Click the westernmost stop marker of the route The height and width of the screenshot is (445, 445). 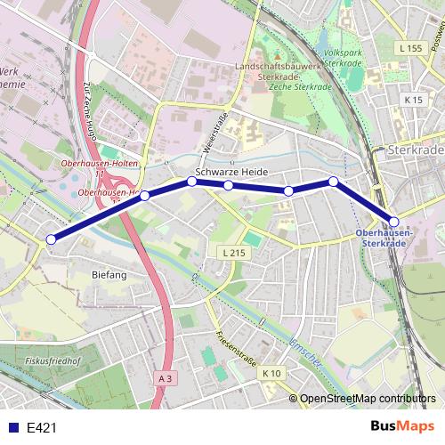[52, 239]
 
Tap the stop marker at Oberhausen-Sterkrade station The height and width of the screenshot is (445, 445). [394, 222]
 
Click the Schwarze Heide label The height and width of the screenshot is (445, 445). [231, 172]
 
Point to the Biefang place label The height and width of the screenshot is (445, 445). [110, 276]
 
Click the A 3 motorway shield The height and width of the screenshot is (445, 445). [165, 378]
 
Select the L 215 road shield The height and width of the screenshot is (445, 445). [232, 254]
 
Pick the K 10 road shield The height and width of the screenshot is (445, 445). [271, 373]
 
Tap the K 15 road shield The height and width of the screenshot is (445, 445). [413, 101]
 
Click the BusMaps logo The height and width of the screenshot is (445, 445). [403, 426]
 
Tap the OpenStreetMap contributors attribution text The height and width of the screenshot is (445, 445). [368, 399]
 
